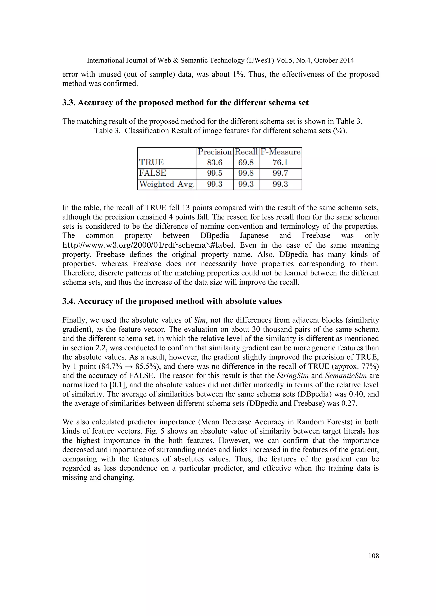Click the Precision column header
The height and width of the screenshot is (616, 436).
click(x=215, y=152)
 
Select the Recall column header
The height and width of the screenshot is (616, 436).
click(x=246, y=152)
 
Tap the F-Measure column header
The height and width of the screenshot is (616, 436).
click(x=280, y=152)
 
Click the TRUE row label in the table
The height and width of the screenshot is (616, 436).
click(x=151, y=163)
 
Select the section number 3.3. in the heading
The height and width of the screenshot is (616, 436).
click(x=69, y=103)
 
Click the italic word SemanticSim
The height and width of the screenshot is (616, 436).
click(x=346, y=376)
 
